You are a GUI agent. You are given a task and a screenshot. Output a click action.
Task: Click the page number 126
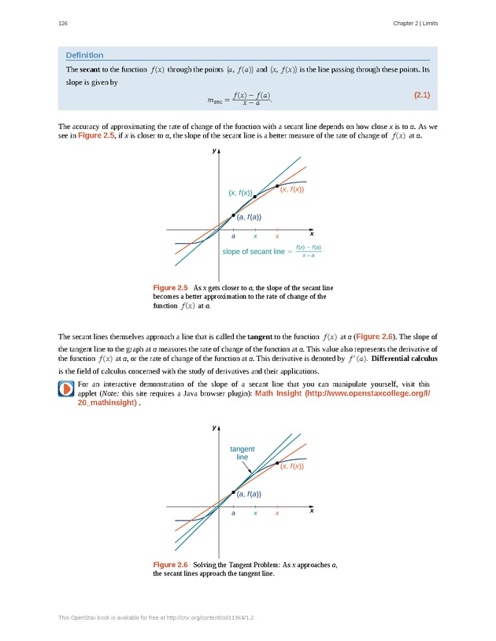click(62, 24)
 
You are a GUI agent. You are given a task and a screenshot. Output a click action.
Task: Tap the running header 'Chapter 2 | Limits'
click(415, 24)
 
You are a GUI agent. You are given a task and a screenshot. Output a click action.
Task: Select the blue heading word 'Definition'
click(84, 55)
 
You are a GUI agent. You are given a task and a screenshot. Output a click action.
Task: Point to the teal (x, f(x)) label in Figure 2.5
click(240, 193)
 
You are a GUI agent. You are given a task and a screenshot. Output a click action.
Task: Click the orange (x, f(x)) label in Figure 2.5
click(292, 190)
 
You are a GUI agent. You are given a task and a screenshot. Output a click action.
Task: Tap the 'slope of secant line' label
click(254, 252)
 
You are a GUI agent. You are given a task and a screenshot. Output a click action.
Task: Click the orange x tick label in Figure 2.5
click(277, 236)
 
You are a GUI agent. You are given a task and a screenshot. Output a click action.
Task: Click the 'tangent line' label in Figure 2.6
click(242, 452)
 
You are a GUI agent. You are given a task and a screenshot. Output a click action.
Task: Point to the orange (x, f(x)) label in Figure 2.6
click(292, 466)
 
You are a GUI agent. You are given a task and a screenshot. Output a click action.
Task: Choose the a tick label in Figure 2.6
click(233, 513)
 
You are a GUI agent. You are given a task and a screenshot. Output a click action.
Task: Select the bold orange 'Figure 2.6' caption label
click(170, 565)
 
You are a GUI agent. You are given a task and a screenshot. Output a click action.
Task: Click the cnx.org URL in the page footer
click(205, 619)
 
